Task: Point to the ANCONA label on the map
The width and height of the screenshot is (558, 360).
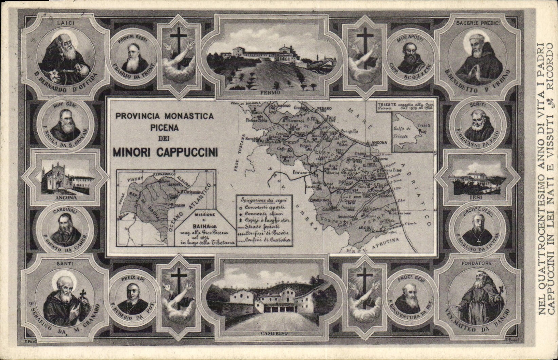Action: click(379, 143)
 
